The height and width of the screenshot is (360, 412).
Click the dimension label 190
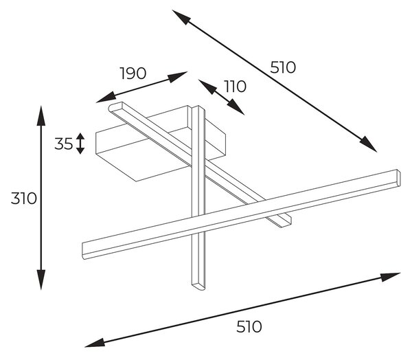pos(133,74)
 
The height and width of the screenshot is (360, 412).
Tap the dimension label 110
pos(235,87)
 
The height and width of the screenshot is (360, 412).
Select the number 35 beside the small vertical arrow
pos(63,144)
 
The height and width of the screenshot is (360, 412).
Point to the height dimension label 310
pos(23,199)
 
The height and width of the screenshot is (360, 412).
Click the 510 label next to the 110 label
pos(283,67)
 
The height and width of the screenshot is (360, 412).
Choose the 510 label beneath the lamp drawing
pos(249,326)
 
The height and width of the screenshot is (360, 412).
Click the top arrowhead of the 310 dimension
pos(41,115)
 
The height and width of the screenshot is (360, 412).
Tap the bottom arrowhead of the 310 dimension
pos(41,280)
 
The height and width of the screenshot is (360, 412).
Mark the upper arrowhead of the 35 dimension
pos(80,137)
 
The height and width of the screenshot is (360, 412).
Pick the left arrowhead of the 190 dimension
pos(106,98)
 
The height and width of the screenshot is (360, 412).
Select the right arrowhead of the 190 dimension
pos(178,76)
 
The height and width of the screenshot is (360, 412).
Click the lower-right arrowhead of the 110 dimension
pos(236,107)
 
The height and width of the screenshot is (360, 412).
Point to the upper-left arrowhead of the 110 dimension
pos(207,87)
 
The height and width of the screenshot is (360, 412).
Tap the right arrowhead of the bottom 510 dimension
pos(390,277)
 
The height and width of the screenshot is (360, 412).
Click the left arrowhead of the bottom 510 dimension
pos(95,343)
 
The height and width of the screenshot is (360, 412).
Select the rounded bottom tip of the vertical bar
pos(198,286)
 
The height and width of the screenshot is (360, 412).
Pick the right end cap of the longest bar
pos(398,178)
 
